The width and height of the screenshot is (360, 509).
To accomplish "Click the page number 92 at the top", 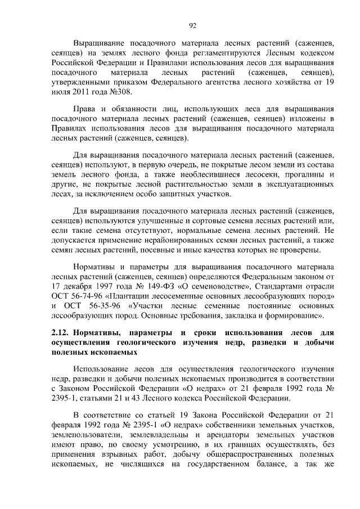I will pos(192,25).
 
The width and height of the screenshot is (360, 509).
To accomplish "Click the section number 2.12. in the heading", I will pos(60,334).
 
